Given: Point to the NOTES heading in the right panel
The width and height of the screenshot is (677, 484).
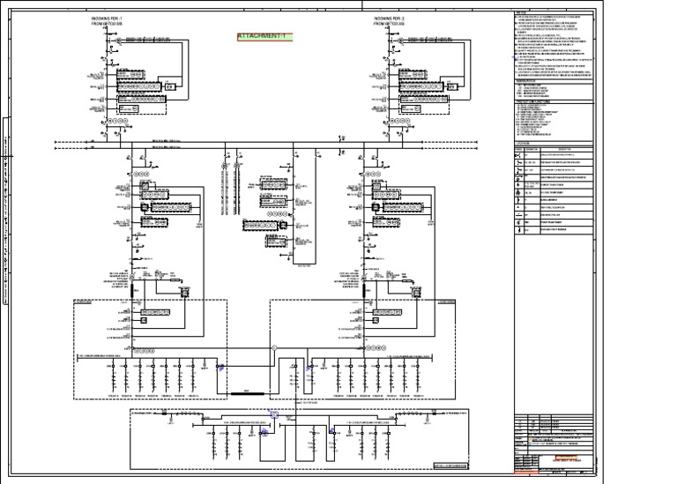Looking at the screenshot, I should [x=521, y=13].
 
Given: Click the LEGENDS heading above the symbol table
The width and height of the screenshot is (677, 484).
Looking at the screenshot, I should [x=524, y=140].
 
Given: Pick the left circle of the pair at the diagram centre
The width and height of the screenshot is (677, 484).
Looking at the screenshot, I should [x=224, y=165].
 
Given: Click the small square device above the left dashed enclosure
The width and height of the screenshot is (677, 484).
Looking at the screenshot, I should [x=184, y=290].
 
